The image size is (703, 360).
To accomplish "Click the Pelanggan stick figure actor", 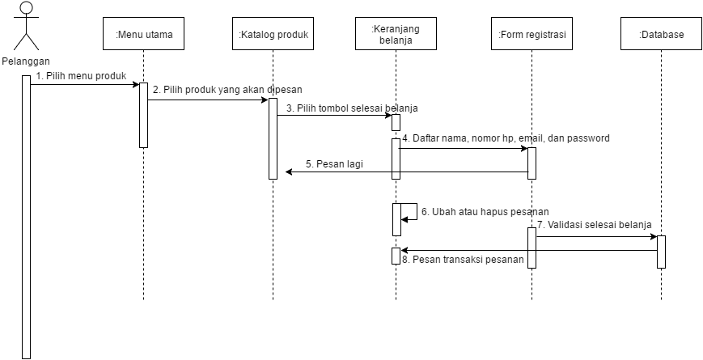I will pyautogui.click(x=27, y=26).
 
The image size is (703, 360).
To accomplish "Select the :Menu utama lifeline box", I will pyautogui.click(x=144, y=35).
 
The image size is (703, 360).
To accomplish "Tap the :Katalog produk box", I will pyautogui.click(x=273, y=35).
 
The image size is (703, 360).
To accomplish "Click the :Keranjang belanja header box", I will pyautogui.click(x=396, y=35).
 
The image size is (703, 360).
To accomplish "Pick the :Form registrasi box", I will pyautogui.click(x=532, y=35).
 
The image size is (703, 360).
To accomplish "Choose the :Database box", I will pyautogui.click(x=661, y=35).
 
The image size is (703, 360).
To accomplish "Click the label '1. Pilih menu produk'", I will pyautogui.click(x=81, y=75).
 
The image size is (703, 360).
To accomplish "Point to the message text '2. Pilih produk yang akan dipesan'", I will pyautogui.click(x=227, y=90).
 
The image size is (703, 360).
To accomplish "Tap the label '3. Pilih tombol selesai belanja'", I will pyautogui.click(x=352, y=108).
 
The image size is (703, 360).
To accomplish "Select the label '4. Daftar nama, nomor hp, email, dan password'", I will pyautogui.click(x=506, y=138).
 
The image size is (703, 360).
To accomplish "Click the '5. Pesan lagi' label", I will pyautogui.click(x=334, y=163).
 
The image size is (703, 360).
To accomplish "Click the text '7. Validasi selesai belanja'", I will pyautogui.click(x=594, y=224).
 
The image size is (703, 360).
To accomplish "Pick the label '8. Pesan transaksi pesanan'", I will pyautogui.click(x=468, y=260).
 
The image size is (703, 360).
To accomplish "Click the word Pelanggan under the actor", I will pyautogui.click(x=26, y=61).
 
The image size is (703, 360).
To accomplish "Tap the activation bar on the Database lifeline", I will pyautogui.click(x=661, y=251).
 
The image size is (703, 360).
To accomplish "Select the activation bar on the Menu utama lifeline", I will pyautogui.click(x=144, y=115).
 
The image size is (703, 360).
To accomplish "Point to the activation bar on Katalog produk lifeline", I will pyautogui.click(x=273, y=138).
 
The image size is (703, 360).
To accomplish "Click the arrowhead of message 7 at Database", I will pyautogui.click(x=653, y=237).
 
